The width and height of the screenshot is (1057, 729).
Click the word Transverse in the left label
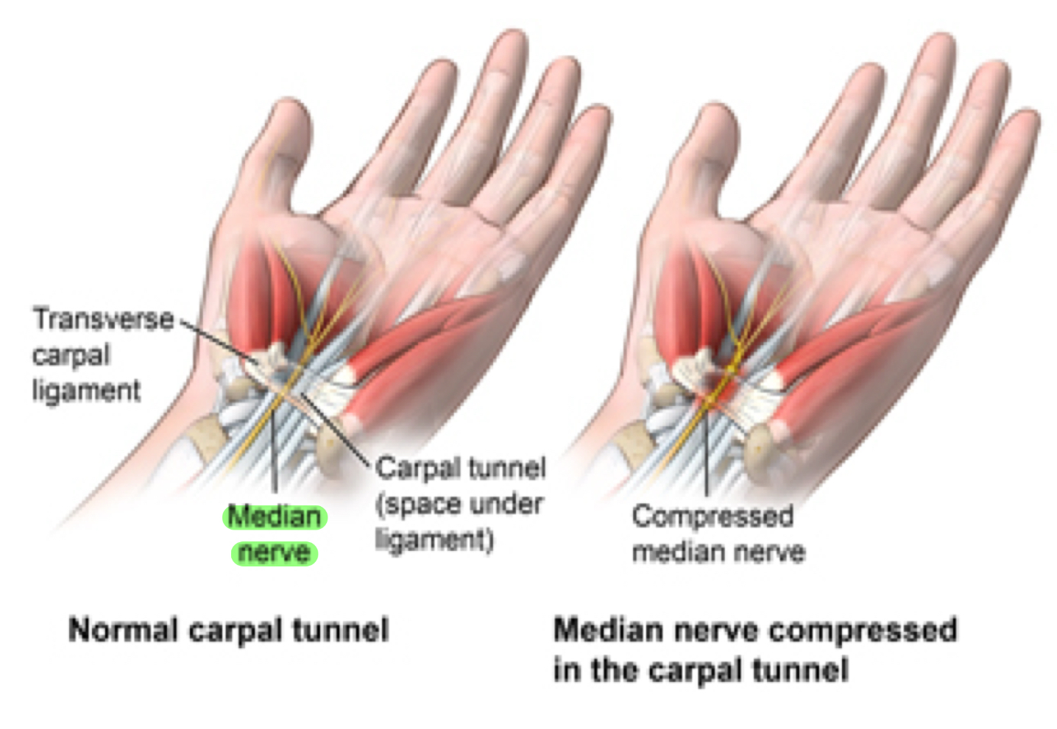(103, 320)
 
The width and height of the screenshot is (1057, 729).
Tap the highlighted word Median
(275, 516)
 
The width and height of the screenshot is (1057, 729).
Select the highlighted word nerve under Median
(274, 552)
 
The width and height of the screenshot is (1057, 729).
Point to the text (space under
(459, 505)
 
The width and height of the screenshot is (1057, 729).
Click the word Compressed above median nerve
(712, 516)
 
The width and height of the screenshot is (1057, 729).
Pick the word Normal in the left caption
(123, 630)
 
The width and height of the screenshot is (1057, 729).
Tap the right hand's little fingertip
(1028, 125)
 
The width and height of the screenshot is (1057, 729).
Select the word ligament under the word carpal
(86, 391)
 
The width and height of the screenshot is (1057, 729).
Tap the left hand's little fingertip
(598, 121)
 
